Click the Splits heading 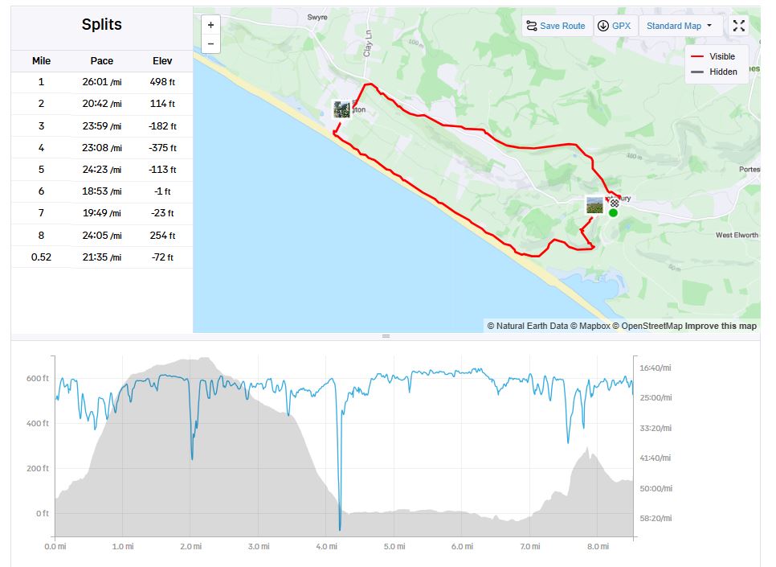point(102,24)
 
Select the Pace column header point(102,61)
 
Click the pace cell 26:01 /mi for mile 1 point(102,82)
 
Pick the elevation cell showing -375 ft point(162,148)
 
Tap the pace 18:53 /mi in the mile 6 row point(102,191)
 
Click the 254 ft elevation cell point(162,236)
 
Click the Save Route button point(556,26)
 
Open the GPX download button point(615,26)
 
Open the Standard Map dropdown point(680,26)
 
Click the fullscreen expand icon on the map point(739,26)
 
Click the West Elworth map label point(737,236)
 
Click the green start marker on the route point(613,212)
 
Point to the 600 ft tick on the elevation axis point(38,378)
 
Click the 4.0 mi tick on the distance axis point(326,547)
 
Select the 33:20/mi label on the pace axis point(655,428)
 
